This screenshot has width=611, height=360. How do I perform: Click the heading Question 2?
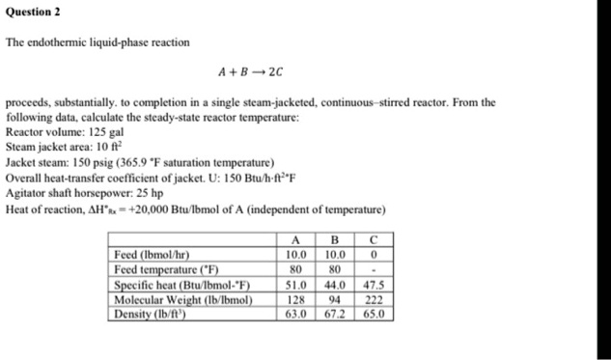tap(33, 12)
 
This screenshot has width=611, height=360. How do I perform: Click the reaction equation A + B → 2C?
tap(251, 71)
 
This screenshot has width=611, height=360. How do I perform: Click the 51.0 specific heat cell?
tap(297, 285)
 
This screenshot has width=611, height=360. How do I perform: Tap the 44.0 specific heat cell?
tap(337, 285)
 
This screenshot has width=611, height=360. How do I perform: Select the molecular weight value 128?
tap(297, 299)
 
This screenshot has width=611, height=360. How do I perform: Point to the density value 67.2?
tap(337, 314)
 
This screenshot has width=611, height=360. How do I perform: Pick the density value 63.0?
tap(297, 314)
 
